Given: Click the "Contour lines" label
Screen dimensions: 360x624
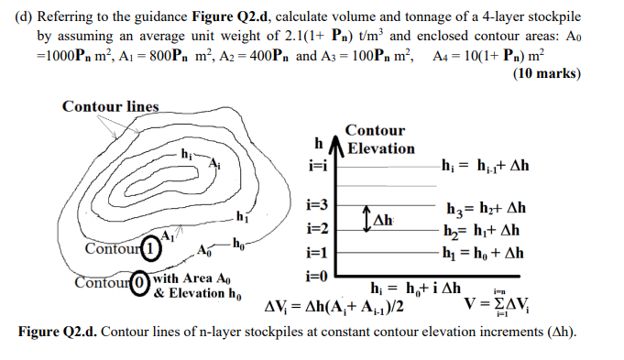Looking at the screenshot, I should (110, 107).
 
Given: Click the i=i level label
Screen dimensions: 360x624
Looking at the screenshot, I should (317, 168).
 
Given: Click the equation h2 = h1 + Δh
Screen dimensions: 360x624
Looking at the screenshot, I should (483, 230).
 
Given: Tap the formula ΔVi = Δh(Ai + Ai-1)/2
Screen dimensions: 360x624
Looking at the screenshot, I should (335, 305).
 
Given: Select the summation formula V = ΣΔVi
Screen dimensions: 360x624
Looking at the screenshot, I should (501, 303).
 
